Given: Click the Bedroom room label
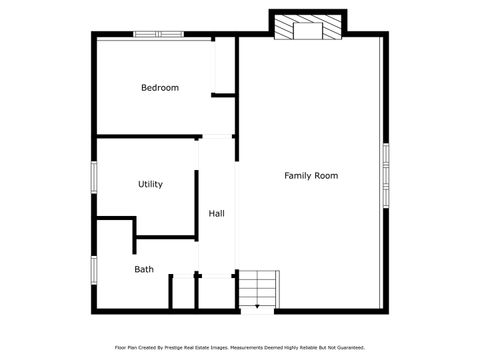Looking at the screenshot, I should [x=160, y=88].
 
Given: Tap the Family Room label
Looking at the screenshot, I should [x=311, y=176].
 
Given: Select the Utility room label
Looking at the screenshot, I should [x=150, y=184].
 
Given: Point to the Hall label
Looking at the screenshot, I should [x=216, y=214].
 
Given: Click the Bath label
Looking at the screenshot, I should [x=144, y=269].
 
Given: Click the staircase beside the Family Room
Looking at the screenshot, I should [x=257, y=290].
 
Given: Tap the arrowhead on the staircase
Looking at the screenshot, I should [x=257, y=305].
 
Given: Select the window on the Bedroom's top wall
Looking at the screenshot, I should [x=159, y=35].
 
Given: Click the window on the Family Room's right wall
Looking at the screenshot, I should [x=384, y=175].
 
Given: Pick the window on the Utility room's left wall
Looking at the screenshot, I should [x=94, y=177].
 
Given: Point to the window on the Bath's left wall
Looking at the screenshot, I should [x=94, y=270].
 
